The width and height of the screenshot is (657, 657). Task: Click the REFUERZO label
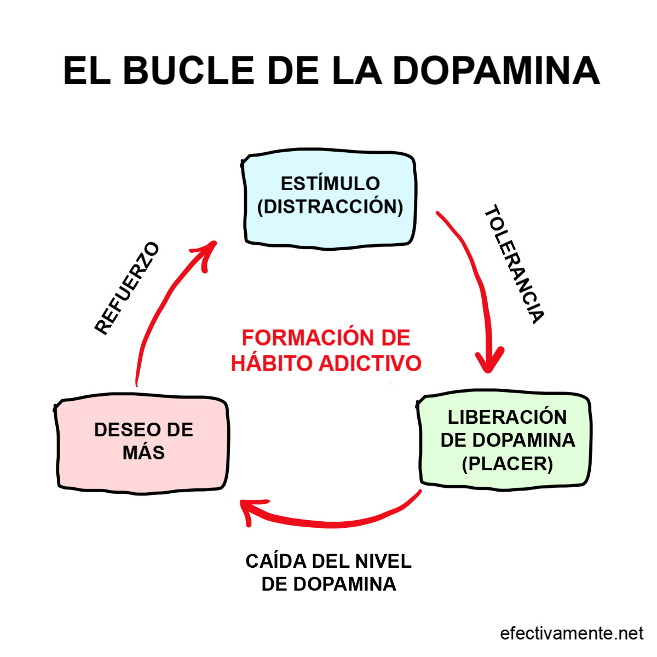127,288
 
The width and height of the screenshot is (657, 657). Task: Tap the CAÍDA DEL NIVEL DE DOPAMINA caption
328,573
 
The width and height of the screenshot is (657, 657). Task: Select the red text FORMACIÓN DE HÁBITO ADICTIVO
326,350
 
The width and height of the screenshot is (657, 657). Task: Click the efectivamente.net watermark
572,633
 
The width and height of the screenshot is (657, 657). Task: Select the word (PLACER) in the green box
507,464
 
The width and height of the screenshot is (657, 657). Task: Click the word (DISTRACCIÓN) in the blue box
330,207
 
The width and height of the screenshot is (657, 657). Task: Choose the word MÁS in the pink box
143,453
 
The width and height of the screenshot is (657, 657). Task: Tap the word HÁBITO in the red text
271,363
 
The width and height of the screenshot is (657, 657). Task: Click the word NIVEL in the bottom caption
383,561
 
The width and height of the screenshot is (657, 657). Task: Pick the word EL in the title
86,70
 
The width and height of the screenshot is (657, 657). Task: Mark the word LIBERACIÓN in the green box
507,417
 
